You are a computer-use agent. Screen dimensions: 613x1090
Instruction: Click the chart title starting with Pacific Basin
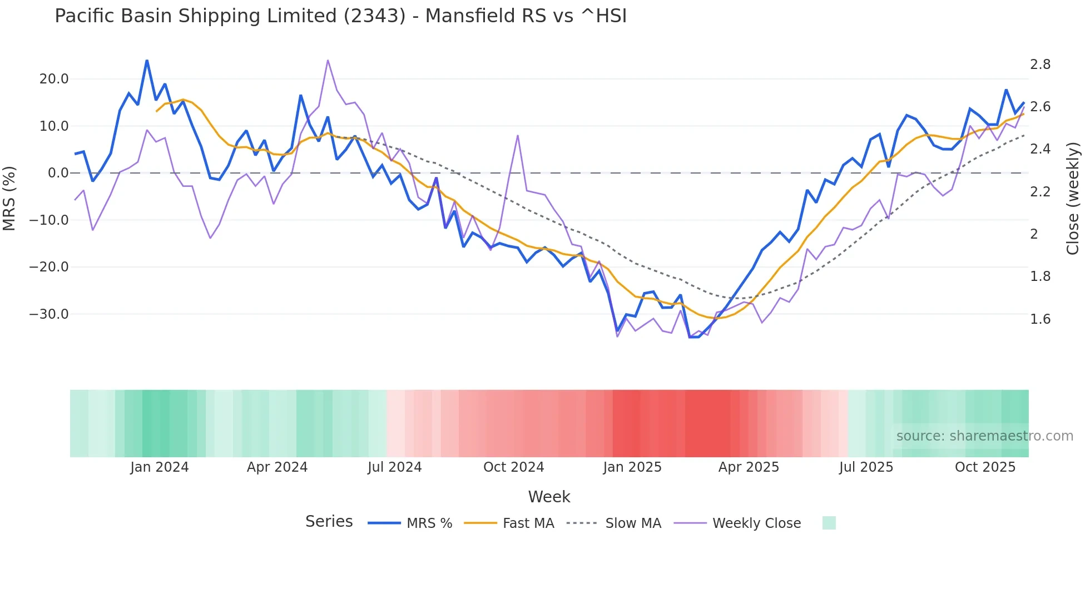tap(340, 16)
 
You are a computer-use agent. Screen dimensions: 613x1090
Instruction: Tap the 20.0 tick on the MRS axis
tap(54, 79)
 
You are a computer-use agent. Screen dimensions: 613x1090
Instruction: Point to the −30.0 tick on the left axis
tap(49, 314)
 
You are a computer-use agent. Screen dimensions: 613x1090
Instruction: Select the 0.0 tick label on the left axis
tap(58, 173)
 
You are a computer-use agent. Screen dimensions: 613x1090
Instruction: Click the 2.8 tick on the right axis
tap(1040, 65)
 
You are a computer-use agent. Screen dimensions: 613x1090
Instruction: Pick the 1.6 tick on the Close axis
tap(1040, 319)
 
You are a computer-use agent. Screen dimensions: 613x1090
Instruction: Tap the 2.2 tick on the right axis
tap(1040, 192)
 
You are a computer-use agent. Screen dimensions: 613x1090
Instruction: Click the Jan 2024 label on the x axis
tap(160, 467)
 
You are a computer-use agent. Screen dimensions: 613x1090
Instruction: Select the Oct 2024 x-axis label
tap(513, 467)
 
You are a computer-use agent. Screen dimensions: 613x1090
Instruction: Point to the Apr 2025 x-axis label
tap(749, 467)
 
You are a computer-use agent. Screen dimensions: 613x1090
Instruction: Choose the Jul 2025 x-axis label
tap(866, 467)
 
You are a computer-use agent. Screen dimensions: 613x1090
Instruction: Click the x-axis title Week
tap(549, 497)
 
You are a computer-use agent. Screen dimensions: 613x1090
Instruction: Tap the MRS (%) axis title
tap(9, 198)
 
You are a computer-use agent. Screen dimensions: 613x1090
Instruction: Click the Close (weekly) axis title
tap(1073, 198)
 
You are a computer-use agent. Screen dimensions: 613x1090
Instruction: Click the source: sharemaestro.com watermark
tap(984, 436)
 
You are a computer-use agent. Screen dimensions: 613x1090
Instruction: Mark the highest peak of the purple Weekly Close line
tap(328, 60)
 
